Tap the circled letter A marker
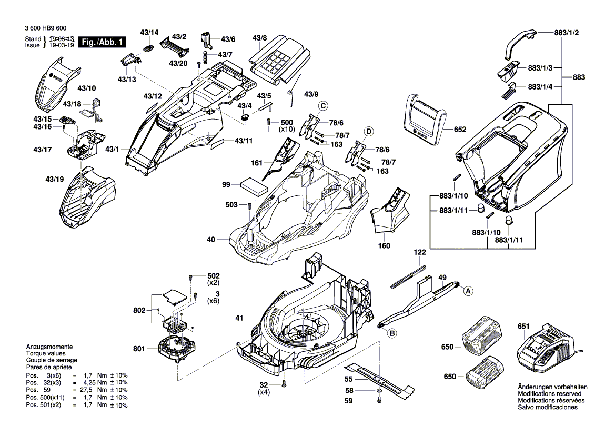pos(467,290)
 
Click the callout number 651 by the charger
pos(523,327)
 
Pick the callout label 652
pos(460,129)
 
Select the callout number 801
pos(138,348)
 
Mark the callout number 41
pos(240,318)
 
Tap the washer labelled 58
pos(379,391)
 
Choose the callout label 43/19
pos(54,179)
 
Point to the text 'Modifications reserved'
pos(550,393)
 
